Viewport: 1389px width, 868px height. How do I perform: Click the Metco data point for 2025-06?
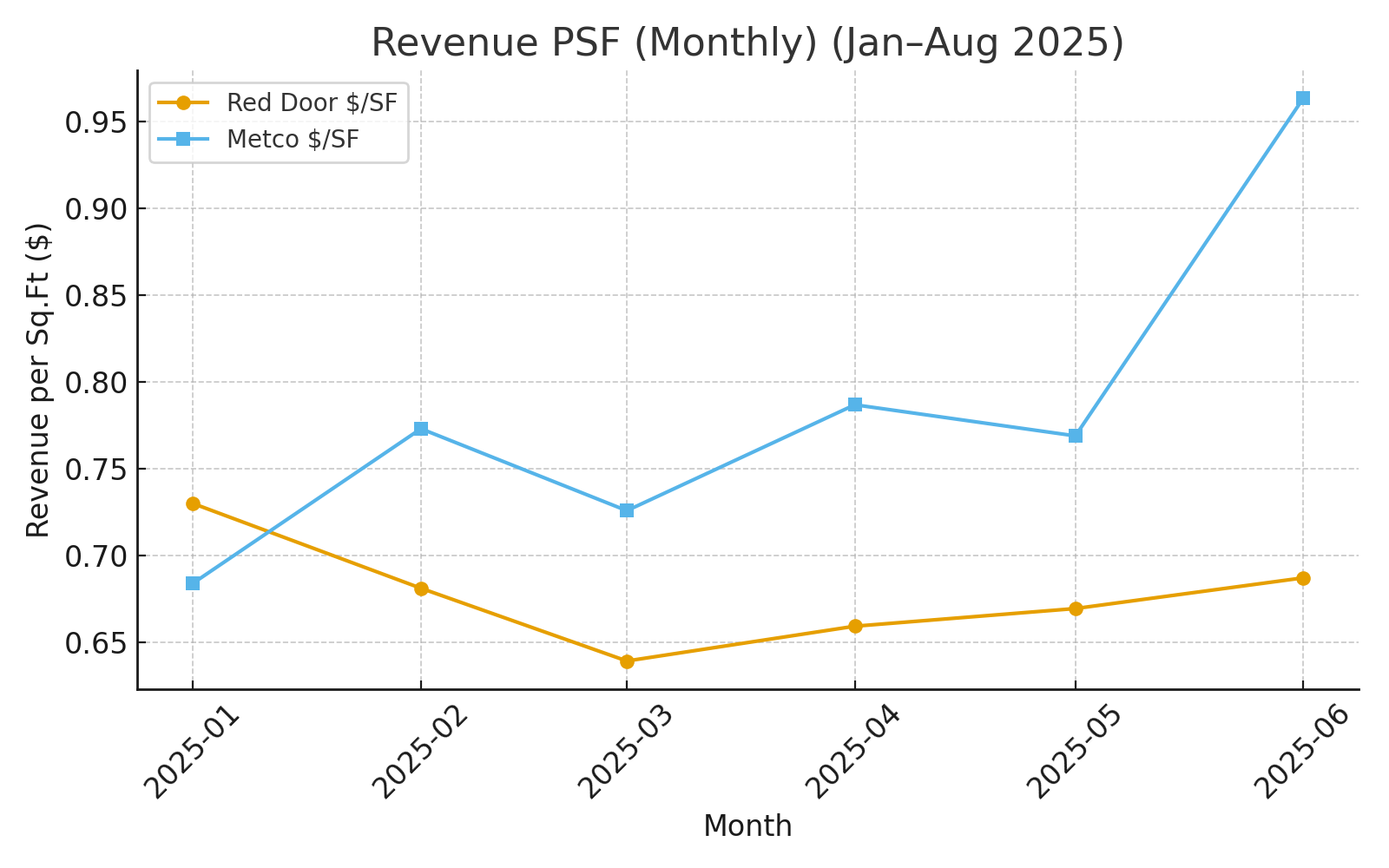pos(1303,99)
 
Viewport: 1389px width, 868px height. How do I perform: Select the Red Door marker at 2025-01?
pos(193,503)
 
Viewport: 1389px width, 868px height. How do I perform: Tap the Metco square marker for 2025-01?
pos(193,583)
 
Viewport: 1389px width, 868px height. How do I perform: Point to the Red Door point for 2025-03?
pos(627,661)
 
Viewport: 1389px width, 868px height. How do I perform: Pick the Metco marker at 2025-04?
pos(855,404)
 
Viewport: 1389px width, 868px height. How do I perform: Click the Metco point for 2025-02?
pos(421,429)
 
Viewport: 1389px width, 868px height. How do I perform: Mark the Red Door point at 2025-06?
pos(1303,578)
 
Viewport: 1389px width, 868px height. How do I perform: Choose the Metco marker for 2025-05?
pos(1076,436)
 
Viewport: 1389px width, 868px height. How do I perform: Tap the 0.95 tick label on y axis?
pos(95,122)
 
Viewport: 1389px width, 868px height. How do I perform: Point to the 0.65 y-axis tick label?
pos(95,643)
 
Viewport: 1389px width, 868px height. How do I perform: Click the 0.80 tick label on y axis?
pos(95,383)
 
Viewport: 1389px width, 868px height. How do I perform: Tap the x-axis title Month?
pos(747,826)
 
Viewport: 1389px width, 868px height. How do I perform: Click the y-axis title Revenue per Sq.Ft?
pos(39,380)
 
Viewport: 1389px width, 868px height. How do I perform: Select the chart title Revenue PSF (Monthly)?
pos(747,43)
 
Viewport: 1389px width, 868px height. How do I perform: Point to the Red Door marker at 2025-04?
pos(855,626)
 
